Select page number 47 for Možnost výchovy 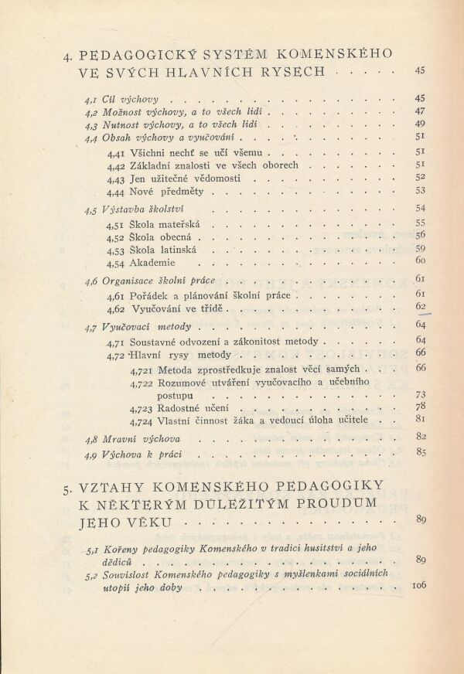click(421, 112)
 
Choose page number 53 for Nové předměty click(421, 191)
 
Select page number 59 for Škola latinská click(421, 249)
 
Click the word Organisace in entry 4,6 click(131, 281)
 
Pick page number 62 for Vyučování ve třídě click(421, 307)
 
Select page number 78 click(421, 407)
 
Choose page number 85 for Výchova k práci click(421, 453)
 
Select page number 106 click(418, 585)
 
